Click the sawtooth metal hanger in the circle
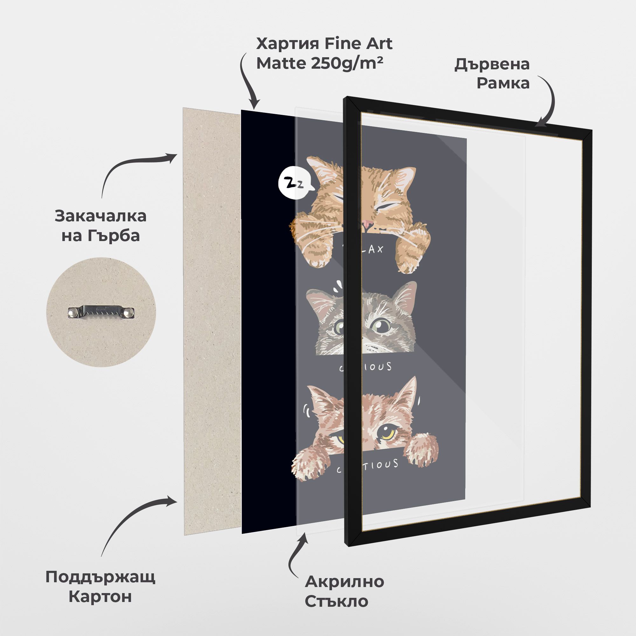coord(101,312)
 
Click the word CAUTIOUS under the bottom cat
coord(367,467)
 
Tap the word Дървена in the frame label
coord(492,64)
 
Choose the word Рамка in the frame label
coord(503,83)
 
